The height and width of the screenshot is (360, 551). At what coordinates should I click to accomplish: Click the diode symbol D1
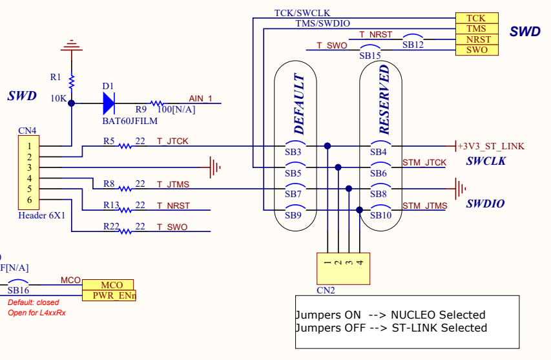click(x=108, y=102)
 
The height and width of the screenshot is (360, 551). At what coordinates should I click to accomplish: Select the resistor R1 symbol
click(x=72, y=81)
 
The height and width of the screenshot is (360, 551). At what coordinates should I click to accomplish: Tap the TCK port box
click(x=477, y=18)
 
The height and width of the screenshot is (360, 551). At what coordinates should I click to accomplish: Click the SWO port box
click(x=477, y=50)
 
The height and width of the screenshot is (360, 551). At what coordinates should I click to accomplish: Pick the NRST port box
click(x=477, y=39)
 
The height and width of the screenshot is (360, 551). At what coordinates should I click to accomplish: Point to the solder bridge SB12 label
click(x=413, y=45)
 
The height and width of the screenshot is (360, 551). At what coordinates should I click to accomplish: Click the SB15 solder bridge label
click(x=370, y=56)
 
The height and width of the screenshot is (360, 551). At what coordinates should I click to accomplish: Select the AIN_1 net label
click(x=200, y=98)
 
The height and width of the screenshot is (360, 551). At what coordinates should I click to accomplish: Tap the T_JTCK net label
click(x=172, y=142)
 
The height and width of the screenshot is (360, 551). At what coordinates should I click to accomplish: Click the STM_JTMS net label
click(x=424, y=206)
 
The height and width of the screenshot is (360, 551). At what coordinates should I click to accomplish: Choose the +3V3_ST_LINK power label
click(x=491, y=146)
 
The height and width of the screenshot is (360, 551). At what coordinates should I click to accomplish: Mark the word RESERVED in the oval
click(x=384, y=99)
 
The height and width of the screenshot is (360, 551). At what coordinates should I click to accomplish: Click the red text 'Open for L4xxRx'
click(x=36, y=313)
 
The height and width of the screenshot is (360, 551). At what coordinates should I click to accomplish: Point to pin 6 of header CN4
click(x=29, y=200)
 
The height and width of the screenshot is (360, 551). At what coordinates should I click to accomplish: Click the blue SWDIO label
click(x=485, y=204)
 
